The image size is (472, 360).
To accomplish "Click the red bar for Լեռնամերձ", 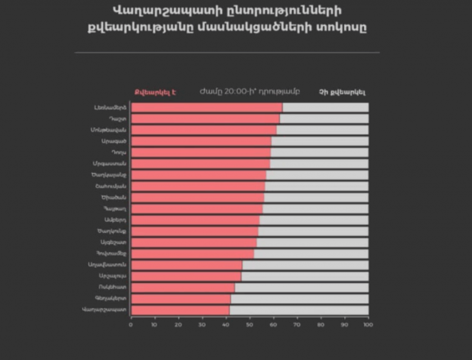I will [x=207, y=107].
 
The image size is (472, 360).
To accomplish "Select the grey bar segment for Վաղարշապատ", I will [x=299, y=309].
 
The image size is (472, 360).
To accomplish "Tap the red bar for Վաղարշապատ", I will [x=180, y=309].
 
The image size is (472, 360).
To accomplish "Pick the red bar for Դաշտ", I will [x=205, y=119].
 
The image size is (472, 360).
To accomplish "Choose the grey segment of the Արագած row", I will [x=320, y=141].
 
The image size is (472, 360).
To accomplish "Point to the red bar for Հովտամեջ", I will [x=192, y=253].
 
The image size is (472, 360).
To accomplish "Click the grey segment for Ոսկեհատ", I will [x=301, y=287].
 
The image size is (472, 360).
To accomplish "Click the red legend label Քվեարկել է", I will [x=155, y=92].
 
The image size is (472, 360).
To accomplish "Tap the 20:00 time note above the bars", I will [x=249, y=91].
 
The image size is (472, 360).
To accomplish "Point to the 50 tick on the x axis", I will [x=249, y=325].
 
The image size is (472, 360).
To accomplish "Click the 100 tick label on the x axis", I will [x=367, y=325].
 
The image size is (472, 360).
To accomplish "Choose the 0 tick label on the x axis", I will [x=131, y=325].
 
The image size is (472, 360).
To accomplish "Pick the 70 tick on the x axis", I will [x=297, y=325].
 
